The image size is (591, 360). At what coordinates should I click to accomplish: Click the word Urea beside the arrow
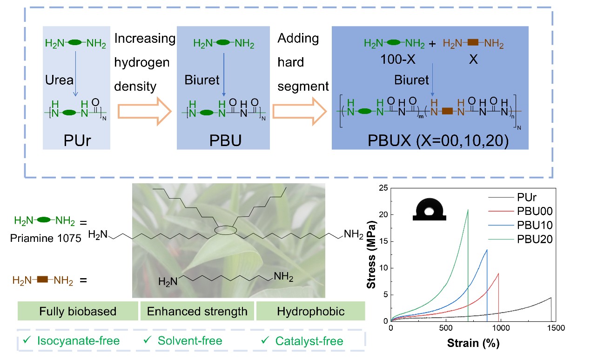point(59,80)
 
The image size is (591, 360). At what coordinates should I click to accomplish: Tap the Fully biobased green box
point(78,311)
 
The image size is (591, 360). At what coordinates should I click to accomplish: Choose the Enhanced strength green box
point(197,311)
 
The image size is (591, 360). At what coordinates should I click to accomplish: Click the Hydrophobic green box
point(311,311)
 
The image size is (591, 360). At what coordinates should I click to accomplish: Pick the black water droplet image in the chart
point(429,210)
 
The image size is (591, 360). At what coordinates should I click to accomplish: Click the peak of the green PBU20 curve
point(468,210)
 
